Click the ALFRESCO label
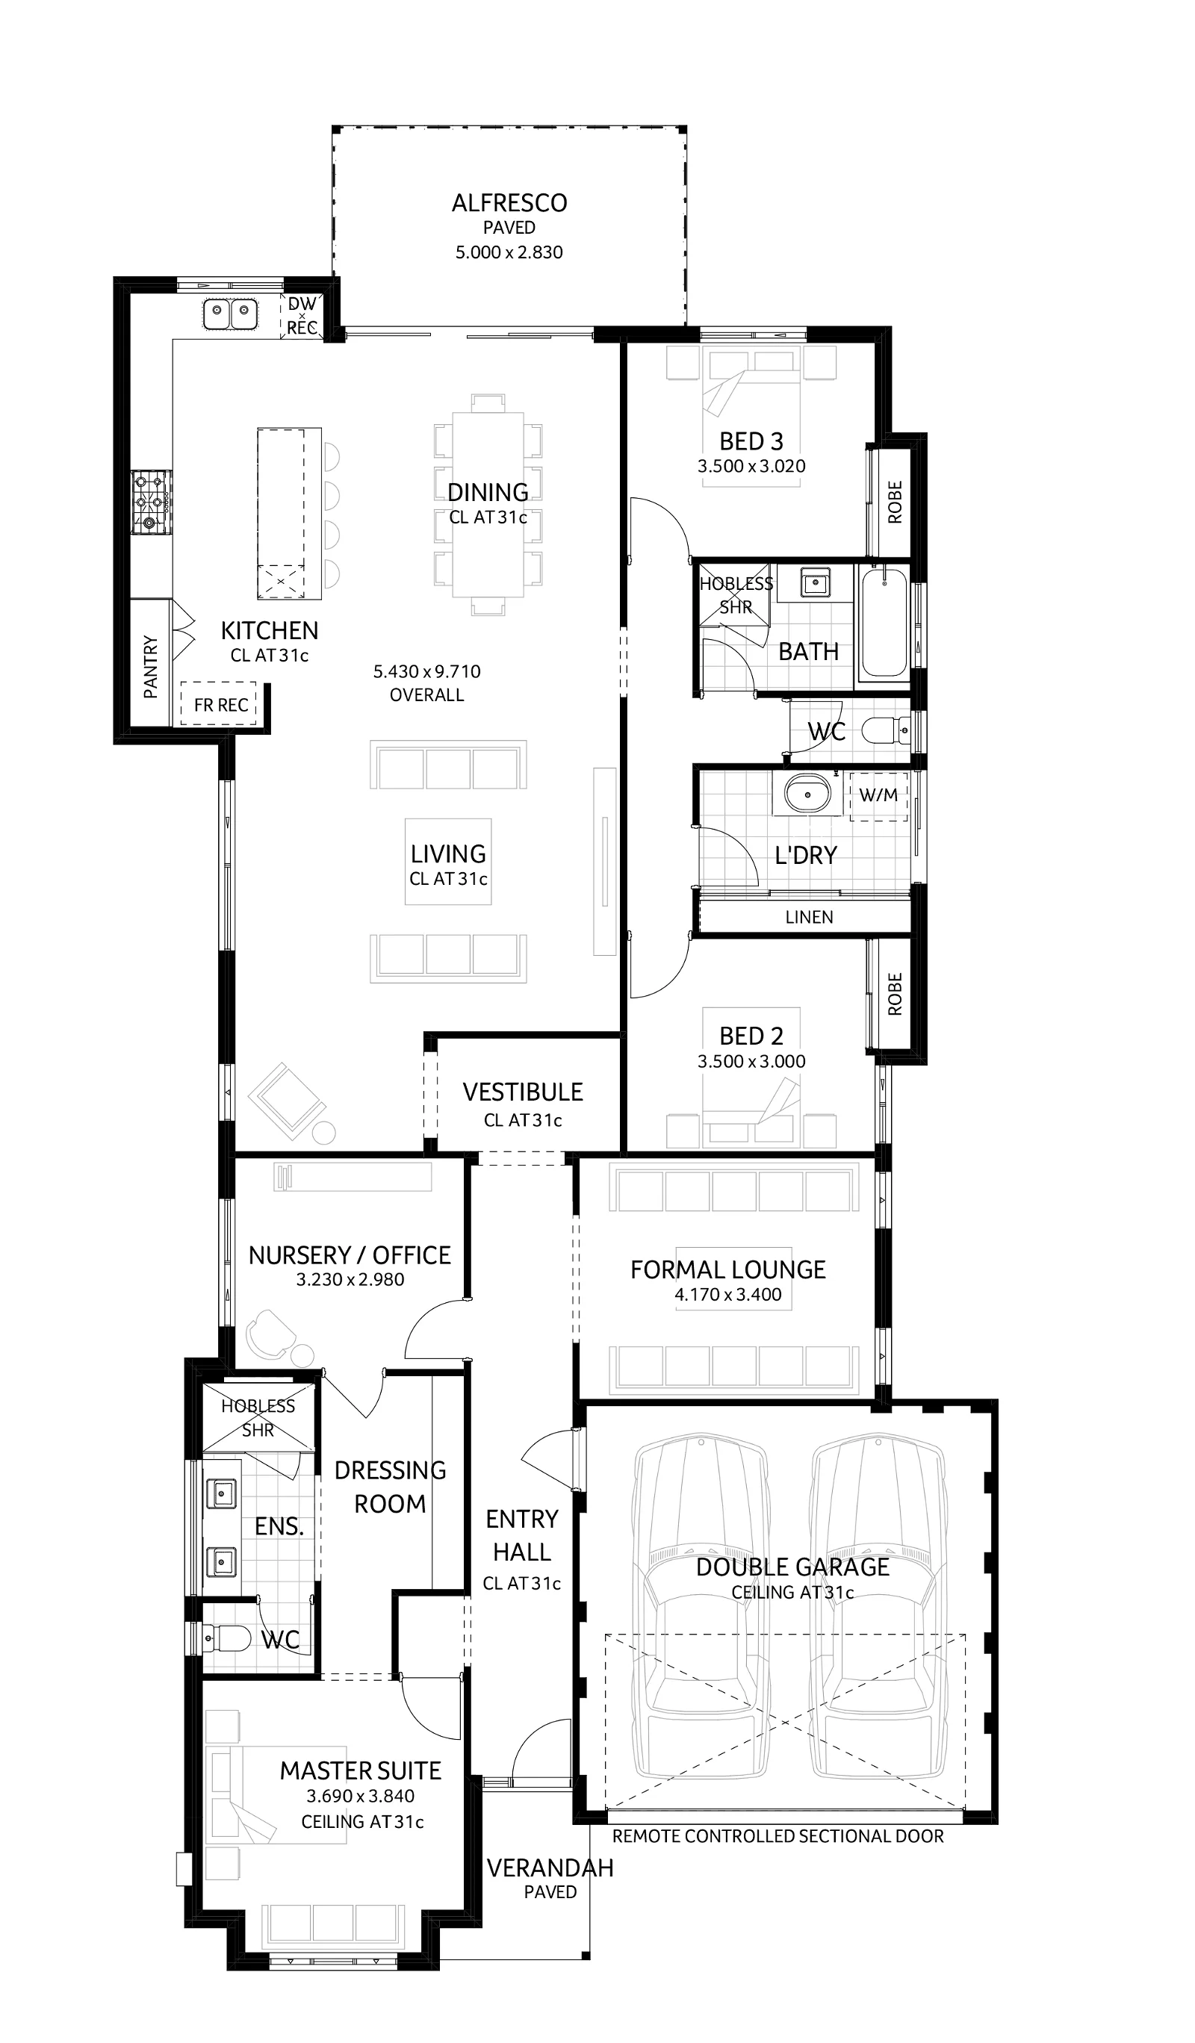(509, 202)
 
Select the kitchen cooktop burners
(152, 501)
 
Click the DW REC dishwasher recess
(302, 315)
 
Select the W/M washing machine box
(878, 795)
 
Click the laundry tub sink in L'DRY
(807, 794)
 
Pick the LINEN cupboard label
(808, 917)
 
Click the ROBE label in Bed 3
(895, 502)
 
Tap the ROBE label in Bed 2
(895, 994)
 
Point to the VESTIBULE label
(523, 1092)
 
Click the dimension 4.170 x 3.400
(728, 1295)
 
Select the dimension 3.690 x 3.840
(361, 1796)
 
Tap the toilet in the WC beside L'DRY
(882, 731)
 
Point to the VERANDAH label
(550, 1868)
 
